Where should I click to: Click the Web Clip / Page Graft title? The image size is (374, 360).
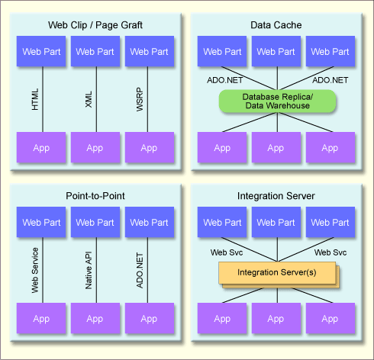pos(95,25)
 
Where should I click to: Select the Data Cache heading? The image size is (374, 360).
pos(276,25)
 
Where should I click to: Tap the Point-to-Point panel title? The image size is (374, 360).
pos(95,196)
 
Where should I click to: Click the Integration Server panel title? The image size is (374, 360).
pos(276,196)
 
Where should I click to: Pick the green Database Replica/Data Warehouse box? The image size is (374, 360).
pos(277,101)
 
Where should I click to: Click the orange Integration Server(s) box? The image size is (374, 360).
pos(277,273)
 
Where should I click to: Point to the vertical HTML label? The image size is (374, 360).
pos(35,99)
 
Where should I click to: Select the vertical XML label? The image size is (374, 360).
pos(89,99)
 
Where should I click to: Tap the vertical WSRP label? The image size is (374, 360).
pos(140,99)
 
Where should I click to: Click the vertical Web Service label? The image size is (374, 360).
pos(35,270)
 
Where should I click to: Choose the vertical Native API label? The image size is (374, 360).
pos(89,270)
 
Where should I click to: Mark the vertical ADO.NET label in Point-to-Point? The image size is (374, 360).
pos(140,270)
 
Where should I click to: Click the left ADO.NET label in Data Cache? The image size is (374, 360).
pos(224,80)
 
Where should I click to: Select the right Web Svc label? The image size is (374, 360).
pos(330,252)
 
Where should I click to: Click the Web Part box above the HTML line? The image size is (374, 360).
pos(41,51)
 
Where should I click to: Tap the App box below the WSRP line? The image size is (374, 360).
pos(150,147)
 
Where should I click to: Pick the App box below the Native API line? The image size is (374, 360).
pos(95,318)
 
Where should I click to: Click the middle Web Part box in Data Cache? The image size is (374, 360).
pos(276,51)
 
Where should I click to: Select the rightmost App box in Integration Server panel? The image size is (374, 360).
pos(330,318)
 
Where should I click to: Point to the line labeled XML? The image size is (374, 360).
pos(96,99)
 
